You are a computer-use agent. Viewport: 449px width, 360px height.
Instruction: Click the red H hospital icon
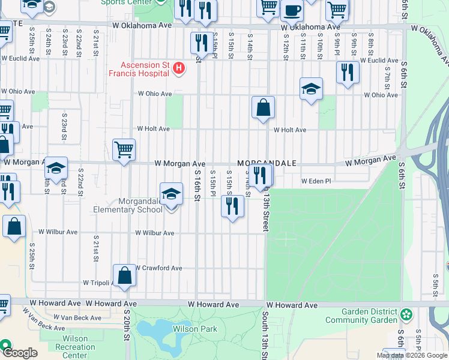point(178,70)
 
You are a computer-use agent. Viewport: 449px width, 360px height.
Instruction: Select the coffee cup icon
point(292,10)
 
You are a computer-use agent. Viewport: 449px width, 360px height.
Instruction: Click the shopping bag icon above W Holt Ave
point(263,109)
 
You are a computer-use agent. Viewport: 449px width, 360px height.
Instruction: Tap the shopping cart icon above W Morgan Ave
point(124,150)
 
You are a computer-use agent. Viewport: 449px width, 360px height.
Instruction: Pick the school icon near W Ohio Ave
point(311,89)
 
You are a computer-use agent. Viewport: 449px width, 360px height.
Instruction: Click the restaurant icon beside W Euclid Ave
point(348,73)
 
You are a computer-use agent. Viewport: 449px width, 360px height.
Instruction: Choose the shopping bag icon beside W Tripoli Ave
point(124,277)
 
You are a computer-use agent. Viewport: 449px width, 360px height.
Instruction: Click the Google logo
point(19,353)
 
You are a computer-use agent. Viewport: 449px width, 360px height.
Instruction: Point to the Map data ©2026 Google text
point(412,355)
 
